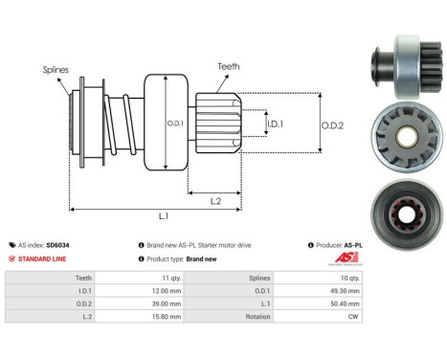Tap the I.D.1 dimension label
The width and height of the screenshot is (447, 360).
[x=276, y=124]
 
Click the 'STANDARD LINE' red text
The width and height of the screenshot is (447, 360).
[x=48, y=259]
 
